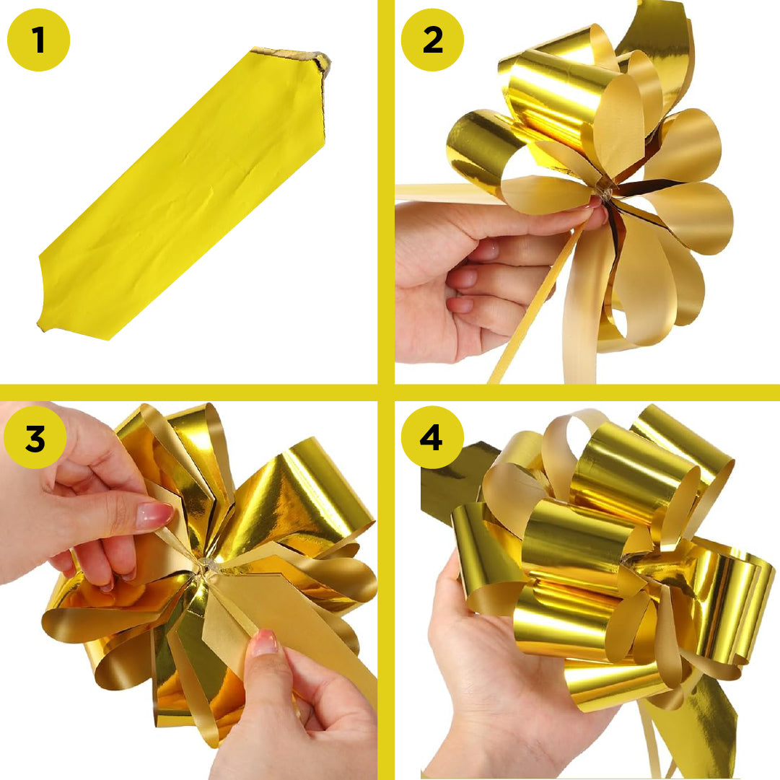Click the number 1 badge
38,39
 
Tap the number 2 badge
433,39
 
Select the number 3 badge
35,438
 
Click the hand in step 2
462,274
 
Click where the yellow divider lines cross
386,393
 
